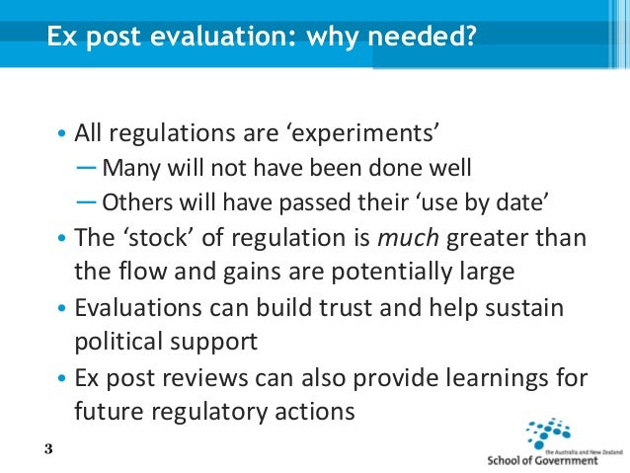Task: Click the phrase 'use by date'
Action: [486, 201]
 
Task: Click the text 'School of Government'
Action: [542, 459]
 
